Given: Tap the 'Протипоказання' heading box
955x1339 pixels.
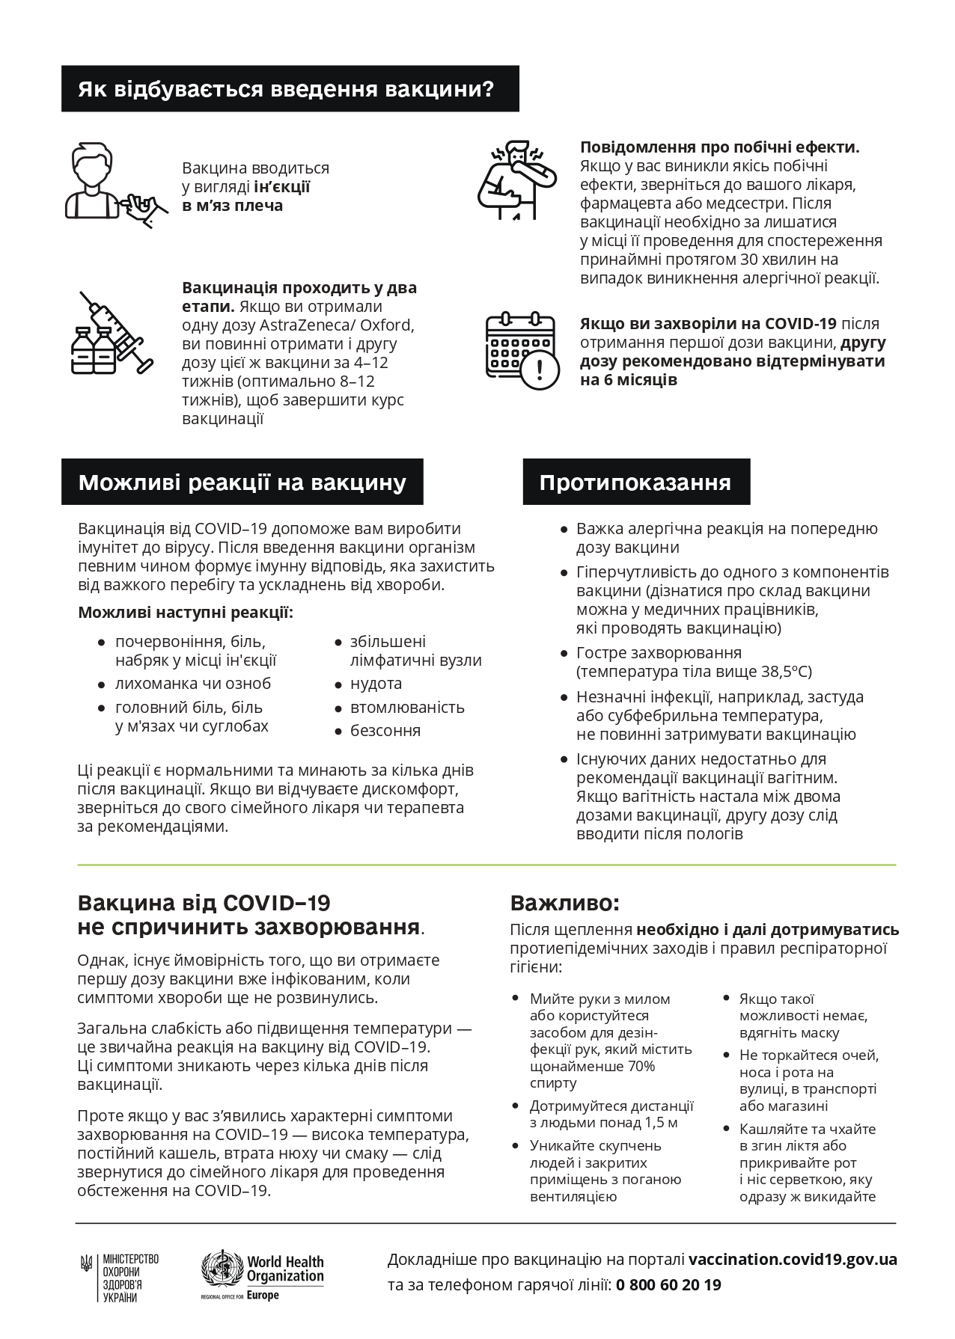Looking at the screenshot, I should click(635, 482).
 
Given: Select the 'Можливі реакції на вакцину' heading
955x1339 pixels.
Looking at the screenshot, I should click(242, 482).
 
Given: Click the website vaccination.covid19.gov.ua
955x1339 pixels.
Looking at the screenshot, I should click(793, 1259).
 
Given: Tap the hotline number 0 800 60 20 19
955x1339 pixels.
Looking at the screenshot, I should click(668, 1285).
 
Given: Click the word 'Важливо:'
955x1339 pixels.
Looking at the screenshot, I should click(565, 904).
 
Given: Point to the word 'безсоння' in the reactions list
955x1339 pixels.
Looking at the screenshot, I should click(385, 731).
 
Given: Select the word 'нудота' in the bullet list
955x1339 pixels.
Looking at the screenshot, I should click(376, 684).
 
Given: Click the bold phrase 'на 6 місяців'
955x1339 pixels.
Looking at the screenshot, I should click(629, 380).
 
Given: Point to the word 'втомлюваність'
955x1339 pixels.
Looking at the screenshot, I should click(407, 708).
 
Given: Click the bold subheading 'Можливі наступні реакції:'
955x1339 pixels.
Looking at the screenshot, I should click(186, 613).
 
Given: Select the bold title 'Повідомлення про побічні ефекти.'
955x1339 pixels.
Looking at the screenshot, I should click(719, 147).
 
